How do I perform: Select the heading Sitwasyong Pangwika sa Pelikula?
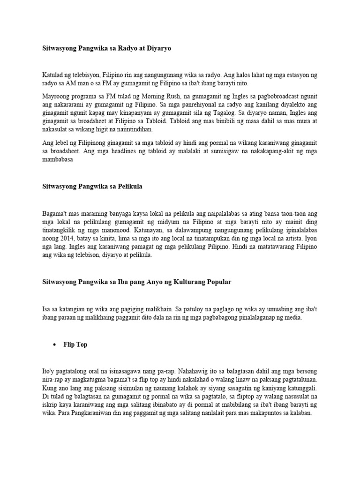92,187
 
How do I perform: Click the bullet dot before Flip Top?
53,345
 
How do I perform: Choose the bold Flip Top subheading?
75,345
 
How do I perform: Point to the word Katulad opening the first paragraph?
53,75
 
